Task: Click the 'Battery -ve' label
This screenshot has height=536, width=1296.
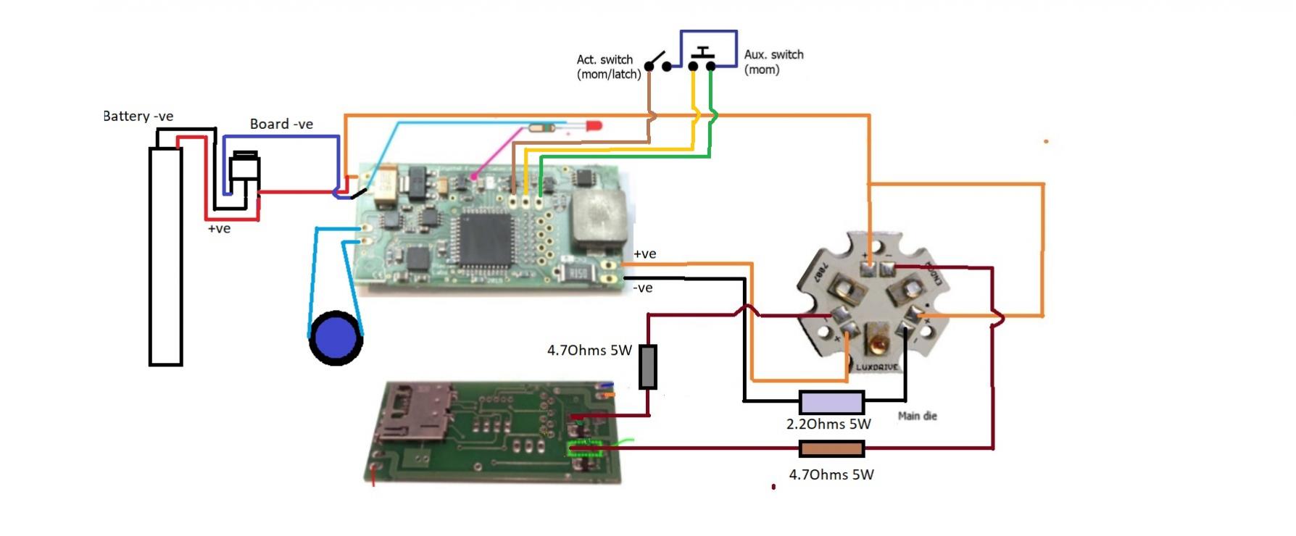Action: point(138,116)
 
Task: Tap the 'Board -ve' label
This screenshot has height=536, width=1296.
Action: point(281,124)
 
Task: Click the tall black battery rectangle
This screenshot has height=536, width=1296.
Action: point(165,256)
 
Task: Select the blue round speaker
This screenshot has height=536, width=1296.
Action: point(336,338)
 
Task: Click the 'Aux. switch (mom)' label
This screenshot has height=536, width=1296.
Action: point(773,62)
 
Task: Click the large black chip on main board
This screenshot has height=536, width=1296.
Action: point(486,238)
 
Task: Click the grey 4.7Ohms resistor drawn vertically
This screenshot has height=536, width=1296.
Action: point(647,367)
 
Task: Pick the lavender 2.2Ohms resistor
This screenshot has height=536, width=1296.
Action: point(831,403)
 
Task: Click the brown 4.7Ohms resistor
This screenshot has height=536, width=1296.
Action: point(831,449)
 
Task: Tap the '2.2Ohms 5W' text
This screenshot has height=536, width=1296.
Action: point(828,424)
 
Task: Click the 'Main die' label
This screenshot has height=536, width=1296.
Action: point(917,416)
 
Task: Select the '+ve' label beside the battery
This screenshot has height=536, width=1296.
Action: point(219,229)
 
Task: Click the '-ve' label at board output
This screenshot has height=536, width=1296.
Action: point(643,288)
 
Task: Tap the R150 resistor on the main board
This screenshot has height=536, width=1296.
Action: point(578,273)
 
